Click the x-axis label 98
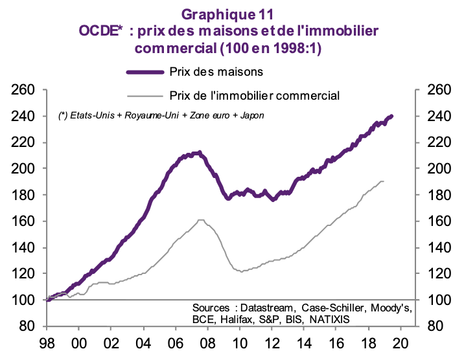point(47,344)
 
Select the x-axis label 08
point(207,344)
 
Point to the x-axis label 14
point(303,344)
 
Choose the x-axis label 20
point(400,344)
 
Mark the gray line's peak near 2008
point(200,220)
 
